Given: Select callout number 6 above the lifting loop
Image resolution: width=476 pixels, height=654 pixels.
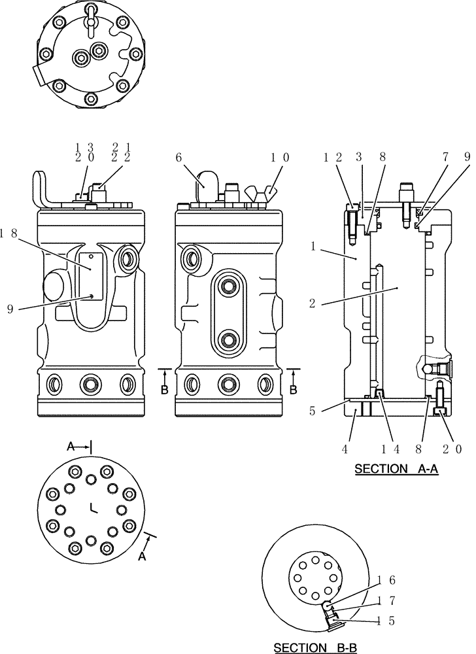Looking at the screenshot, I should tap(178, 158).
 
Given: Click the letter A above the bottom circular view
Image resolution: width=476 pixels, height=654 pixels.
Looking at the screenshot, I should tap(71, 446).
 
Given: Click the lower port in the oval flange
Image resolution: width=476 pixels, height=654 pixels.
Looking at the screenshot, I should tap(228, 339).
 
